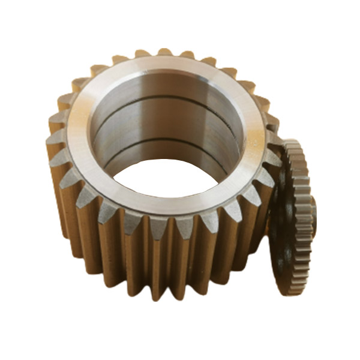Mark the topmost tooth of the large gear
[x=164, y=53]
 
